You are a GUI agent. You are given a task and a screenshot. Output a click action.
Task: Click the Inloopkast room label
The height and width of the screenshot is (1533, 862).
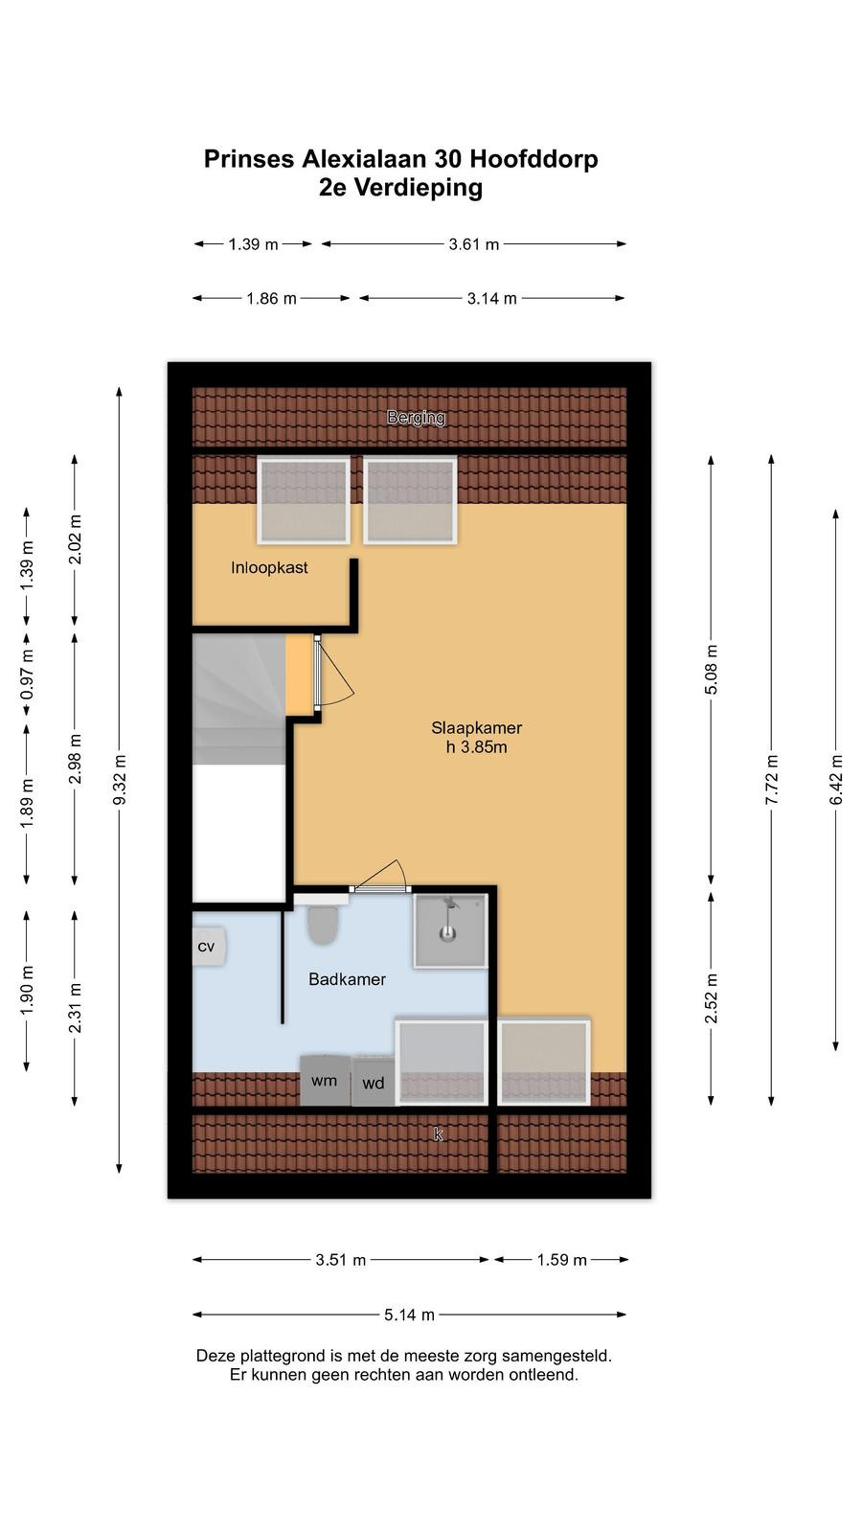click(269, 567)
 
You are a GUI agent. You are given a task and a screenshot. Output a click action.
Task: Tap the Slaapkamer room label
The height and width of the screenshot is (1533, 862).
click(476, 727)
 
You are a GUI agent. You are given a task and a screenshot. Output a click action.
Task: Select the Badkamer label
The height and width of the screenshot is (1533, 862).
click(347, 978)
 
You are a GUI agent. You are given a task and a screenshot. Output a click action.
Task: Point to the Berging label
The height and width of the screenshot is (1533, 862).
click(416, 418)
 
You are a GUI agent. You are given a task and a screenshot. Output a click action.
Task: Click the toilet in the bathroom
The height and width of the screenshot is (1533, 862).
click(323, 925)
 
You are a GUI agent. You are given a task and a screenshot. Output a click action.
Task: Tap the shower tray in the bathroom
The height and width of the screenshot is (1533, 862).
click(450, 930)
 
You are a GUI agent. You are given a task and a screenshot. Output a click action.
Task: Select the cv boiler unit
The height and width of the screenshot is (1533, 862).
click(208, 947)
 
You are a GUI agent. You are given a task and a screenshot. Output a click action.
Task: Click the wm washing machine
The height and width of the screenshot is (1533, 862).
click(326, 1081)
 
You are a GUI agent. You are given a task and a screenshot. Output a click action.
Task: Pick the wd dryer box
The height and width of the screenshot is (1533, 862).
click(374, 1082)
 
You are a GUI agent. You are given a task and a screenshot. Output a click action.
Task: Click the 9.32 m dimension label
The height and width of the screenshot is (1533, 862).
click(119, 780)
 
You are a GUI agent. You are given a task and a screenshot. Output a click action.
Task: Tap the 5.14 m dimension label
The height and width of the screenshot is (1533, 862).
click(409, 1314)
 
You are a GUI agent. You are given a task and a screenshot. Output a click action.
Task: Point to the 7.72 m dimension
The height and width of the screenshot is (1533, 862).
click(771, 780)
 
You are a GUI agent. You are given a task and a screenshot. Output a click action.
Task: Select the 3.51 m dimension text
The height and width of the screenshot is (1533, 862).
click(341, 1259)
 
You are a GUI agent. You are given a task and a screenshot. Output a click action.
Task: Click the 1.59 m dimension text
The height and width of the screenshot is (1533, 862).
click(561, 1259)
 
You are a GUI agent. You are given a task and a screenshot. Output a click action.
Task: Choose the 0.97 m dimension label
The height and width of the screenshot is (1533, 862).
click(27, 675)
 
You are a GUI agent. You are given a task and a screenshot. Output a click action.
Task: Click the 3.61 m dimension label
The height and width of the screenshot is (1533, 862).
click(473, 243)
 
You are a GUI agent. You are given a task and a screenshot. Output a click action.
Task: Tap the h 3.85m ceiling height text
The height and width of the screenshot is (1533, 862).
click(476, 746)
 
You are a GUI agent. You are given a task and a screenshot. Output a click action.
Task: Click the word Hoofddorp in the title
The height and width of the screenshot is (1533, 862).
click(534, 159)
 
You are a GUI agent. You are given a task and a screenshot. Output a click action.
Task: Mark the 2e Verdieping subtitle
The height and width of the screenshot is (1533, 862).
click(400, 187)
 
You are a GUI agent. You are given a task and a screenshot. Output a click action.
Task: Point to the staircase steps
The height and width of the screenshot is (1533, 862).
click(238, 698)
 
